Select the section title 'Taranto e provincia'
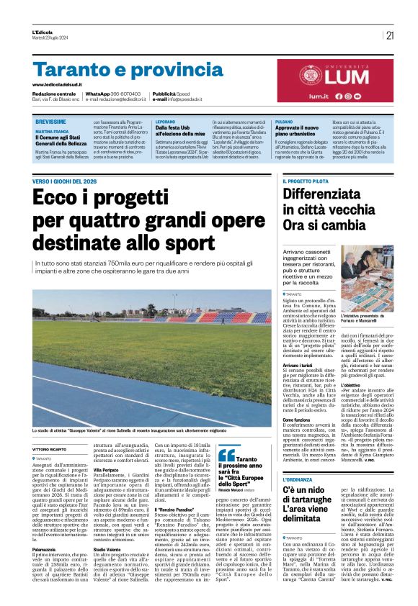pos(118,71)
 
